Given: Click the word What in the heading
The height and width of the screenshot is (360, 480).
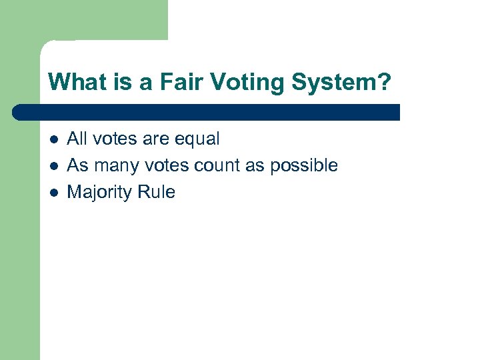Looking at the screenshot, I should [69, 83].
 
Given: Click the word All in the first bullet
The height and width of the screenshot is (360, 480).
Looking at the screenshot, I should [77, 139].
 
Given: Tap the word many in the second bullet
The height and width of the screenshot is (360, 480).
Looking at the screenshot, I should [113, 166].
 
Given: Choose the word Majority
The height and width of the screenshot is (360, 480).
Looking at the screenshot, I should [100, 193].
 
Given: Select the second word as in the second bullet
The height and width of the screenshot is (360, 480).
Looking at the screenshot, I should [255, 166].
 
